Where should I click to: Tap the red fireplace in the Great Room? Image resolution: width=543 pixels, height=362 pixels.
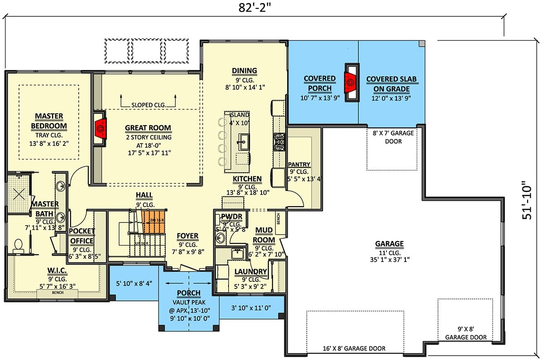tap(100, 129)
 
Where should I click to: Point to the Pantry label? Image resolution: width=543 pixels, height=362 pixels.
tap(299, 164)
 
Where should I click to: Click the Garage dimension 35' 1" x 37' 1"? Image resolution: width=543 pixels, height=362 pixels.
tap(389, 261)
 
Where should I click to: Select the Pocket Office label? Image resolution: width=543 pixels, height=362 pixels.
tap(81, 236)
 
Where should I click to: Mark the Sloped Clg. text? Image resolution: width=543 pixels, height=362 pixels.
tap(148, 105)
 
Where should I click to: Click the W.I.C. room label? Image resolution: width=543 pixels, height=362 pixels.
tap(58, 271)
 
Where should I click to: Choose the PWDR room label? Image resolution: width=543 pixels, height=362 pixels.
tap(231, 217)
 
